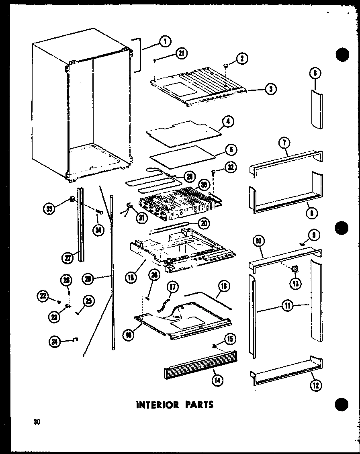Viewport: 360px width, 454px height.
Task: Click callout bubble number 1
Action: pos(165,41)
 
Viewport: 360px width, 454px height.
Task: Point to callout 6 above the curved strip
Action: pos(315,73)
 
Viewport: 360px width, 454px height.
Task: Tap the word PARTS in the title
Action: pos(196,404)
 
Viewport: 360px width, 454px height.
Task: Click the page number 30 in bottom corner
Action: pos(37,422)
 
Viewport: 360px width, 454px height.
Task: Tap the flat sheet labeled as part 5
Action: pos(182,156)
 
